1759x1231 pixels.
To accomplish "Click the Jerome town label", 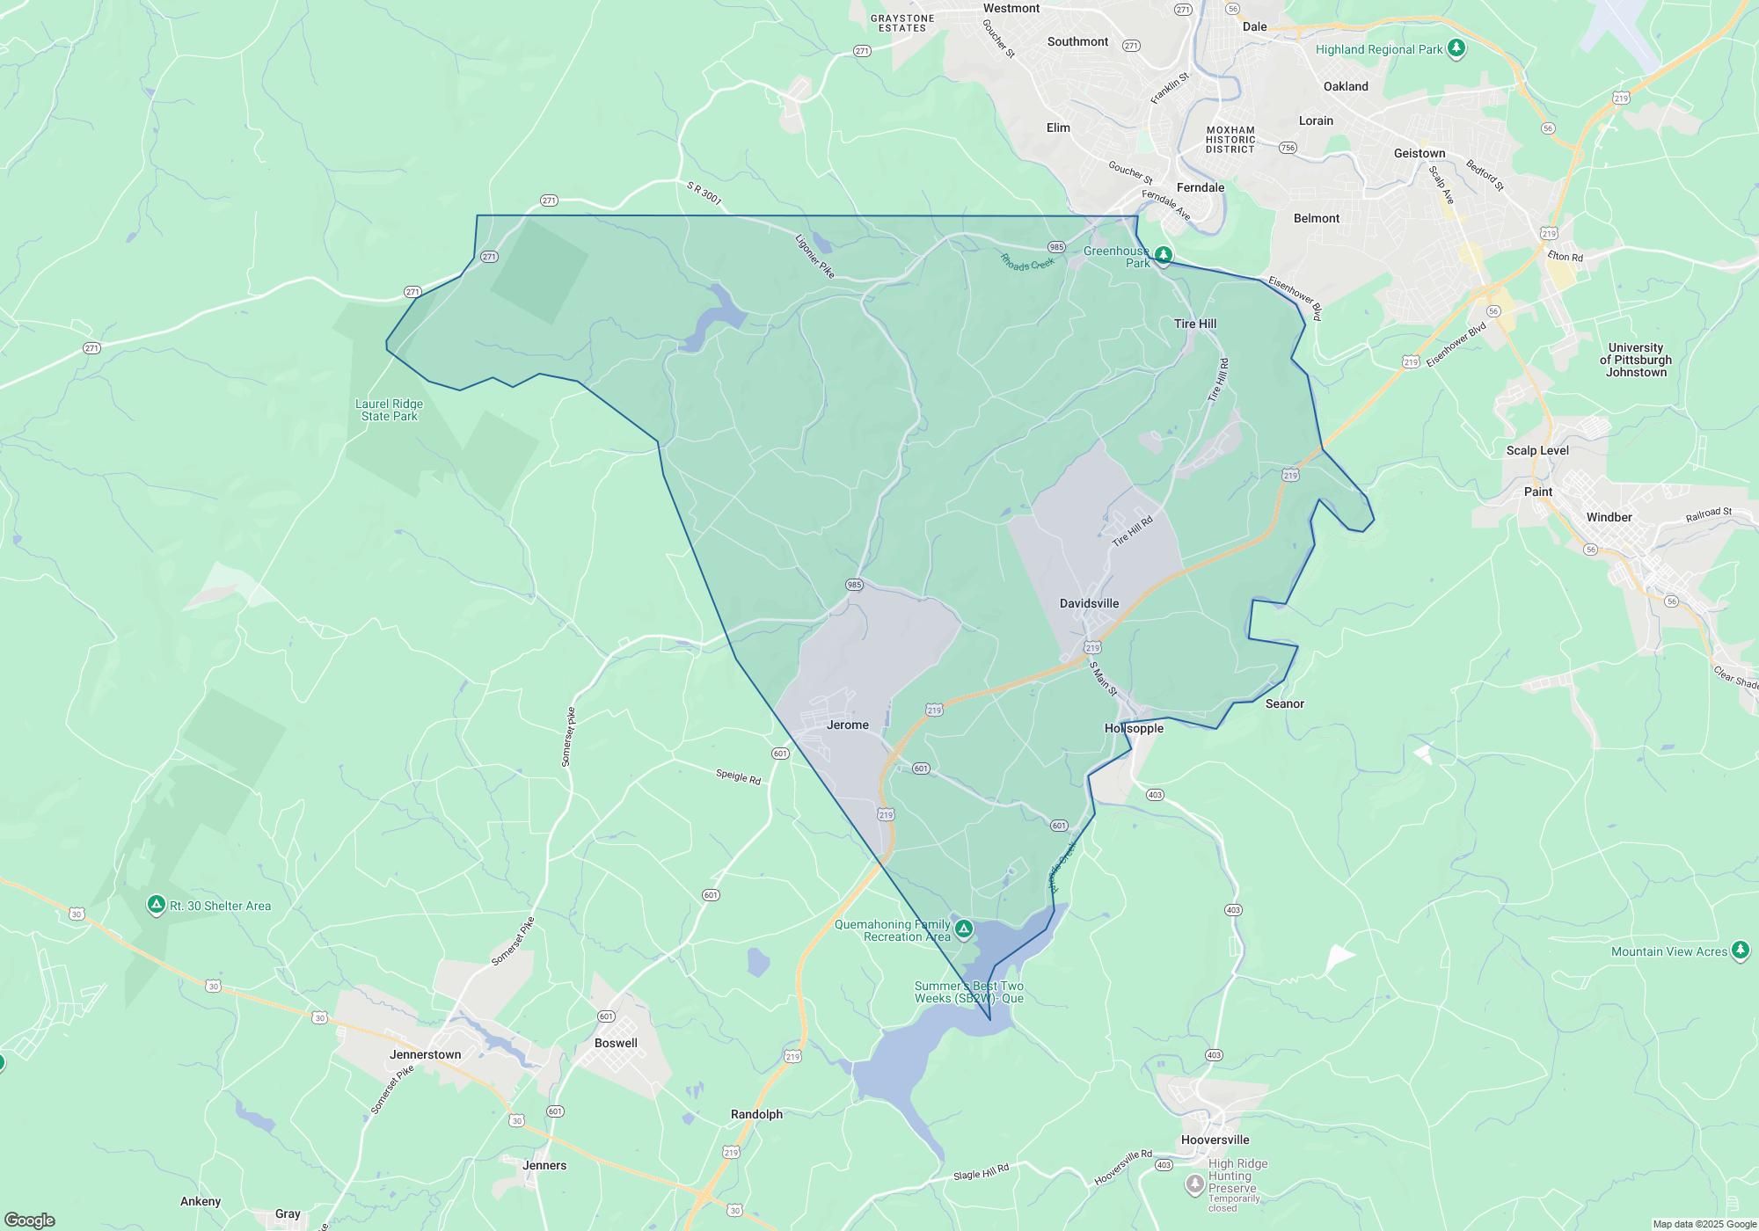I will pyautogui.click(x=847, y=725).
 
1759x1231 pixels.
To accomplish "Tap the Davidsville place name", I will pyautogui.click(x=1089, y=604).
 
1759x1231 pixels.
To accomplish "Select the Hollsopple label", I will pyautogui.click(x=1134, y=729).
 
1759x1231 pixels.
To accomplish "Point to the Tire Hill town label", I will pyautogui.click(x=1194, y=324).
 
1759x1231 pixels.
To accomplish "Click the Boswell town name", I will pyautogui.click(x=616, y=1044).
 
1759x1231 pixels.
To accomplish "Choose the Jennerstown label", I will pyautogui.click(x=425, y=1055).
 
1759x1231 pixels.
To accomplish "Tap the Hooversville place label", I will pyautogui.click(x=1215, y=1140).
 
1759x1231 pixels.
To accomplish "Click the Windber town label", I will pyautogui.click(x=1609, y=518).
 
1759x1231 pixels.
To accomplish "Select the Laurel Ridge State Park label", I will pyautogui.click(x=389, y=411).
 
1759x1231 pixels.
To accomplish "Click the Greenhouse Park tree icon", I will pyautogui.click(x=1163, y=255).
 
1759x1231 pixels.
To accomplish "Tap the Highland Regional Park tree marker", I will pyautogui.click(x=1456, y=48).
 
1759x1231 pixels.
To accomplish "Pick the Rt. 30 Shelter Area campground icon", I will pyautogui.click(x=157, y=905).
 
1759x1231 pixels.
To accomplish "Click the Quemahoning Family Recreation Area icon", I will pyautogui.click(x=964, y=929).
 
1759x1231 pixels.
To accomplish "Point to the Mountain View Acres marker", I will pyautogui.click(x=1740, y=950).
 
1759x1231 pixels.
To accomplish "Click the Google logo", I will pyautogui.click(x=30, y=1220).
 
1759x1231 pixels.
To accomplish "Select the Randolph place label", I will pyautogui.click(x=756, y=1115).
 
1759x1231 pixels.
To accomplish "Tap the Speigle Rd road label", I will pyautogui.click(x=738, y=776).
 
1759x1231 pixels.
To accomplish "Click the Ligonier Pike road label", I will pyautogui.click(x=814, y=256).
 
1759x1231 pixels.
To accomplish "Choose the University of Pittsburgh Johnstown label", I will pyautogui.click(x=1636, y=361).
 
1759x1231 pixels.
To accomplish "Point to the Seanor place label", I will pyautogui.click(x=1284, y=704).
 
